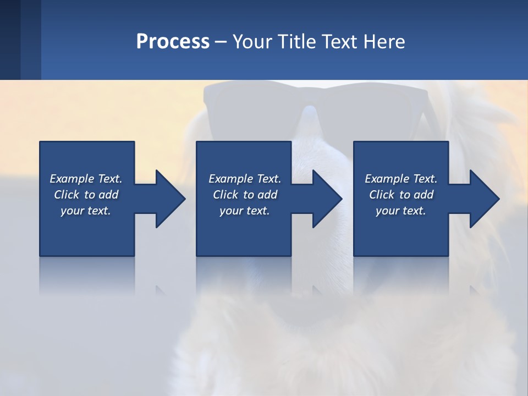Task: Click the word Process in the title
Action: tap(173, 42)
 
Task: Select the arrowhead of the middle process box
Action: tap(327, 199)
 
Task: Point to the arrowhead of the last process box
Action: tap(484, 199)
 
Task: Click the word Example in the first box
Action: tap(73, 179)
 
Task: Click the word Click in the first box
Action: tap(67, 195)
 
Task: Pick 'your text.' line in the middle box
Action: tap(244, 211)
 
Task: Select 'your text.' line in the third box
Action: tap(400, 211)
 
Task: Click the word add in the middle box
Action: tap(267, 195)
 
